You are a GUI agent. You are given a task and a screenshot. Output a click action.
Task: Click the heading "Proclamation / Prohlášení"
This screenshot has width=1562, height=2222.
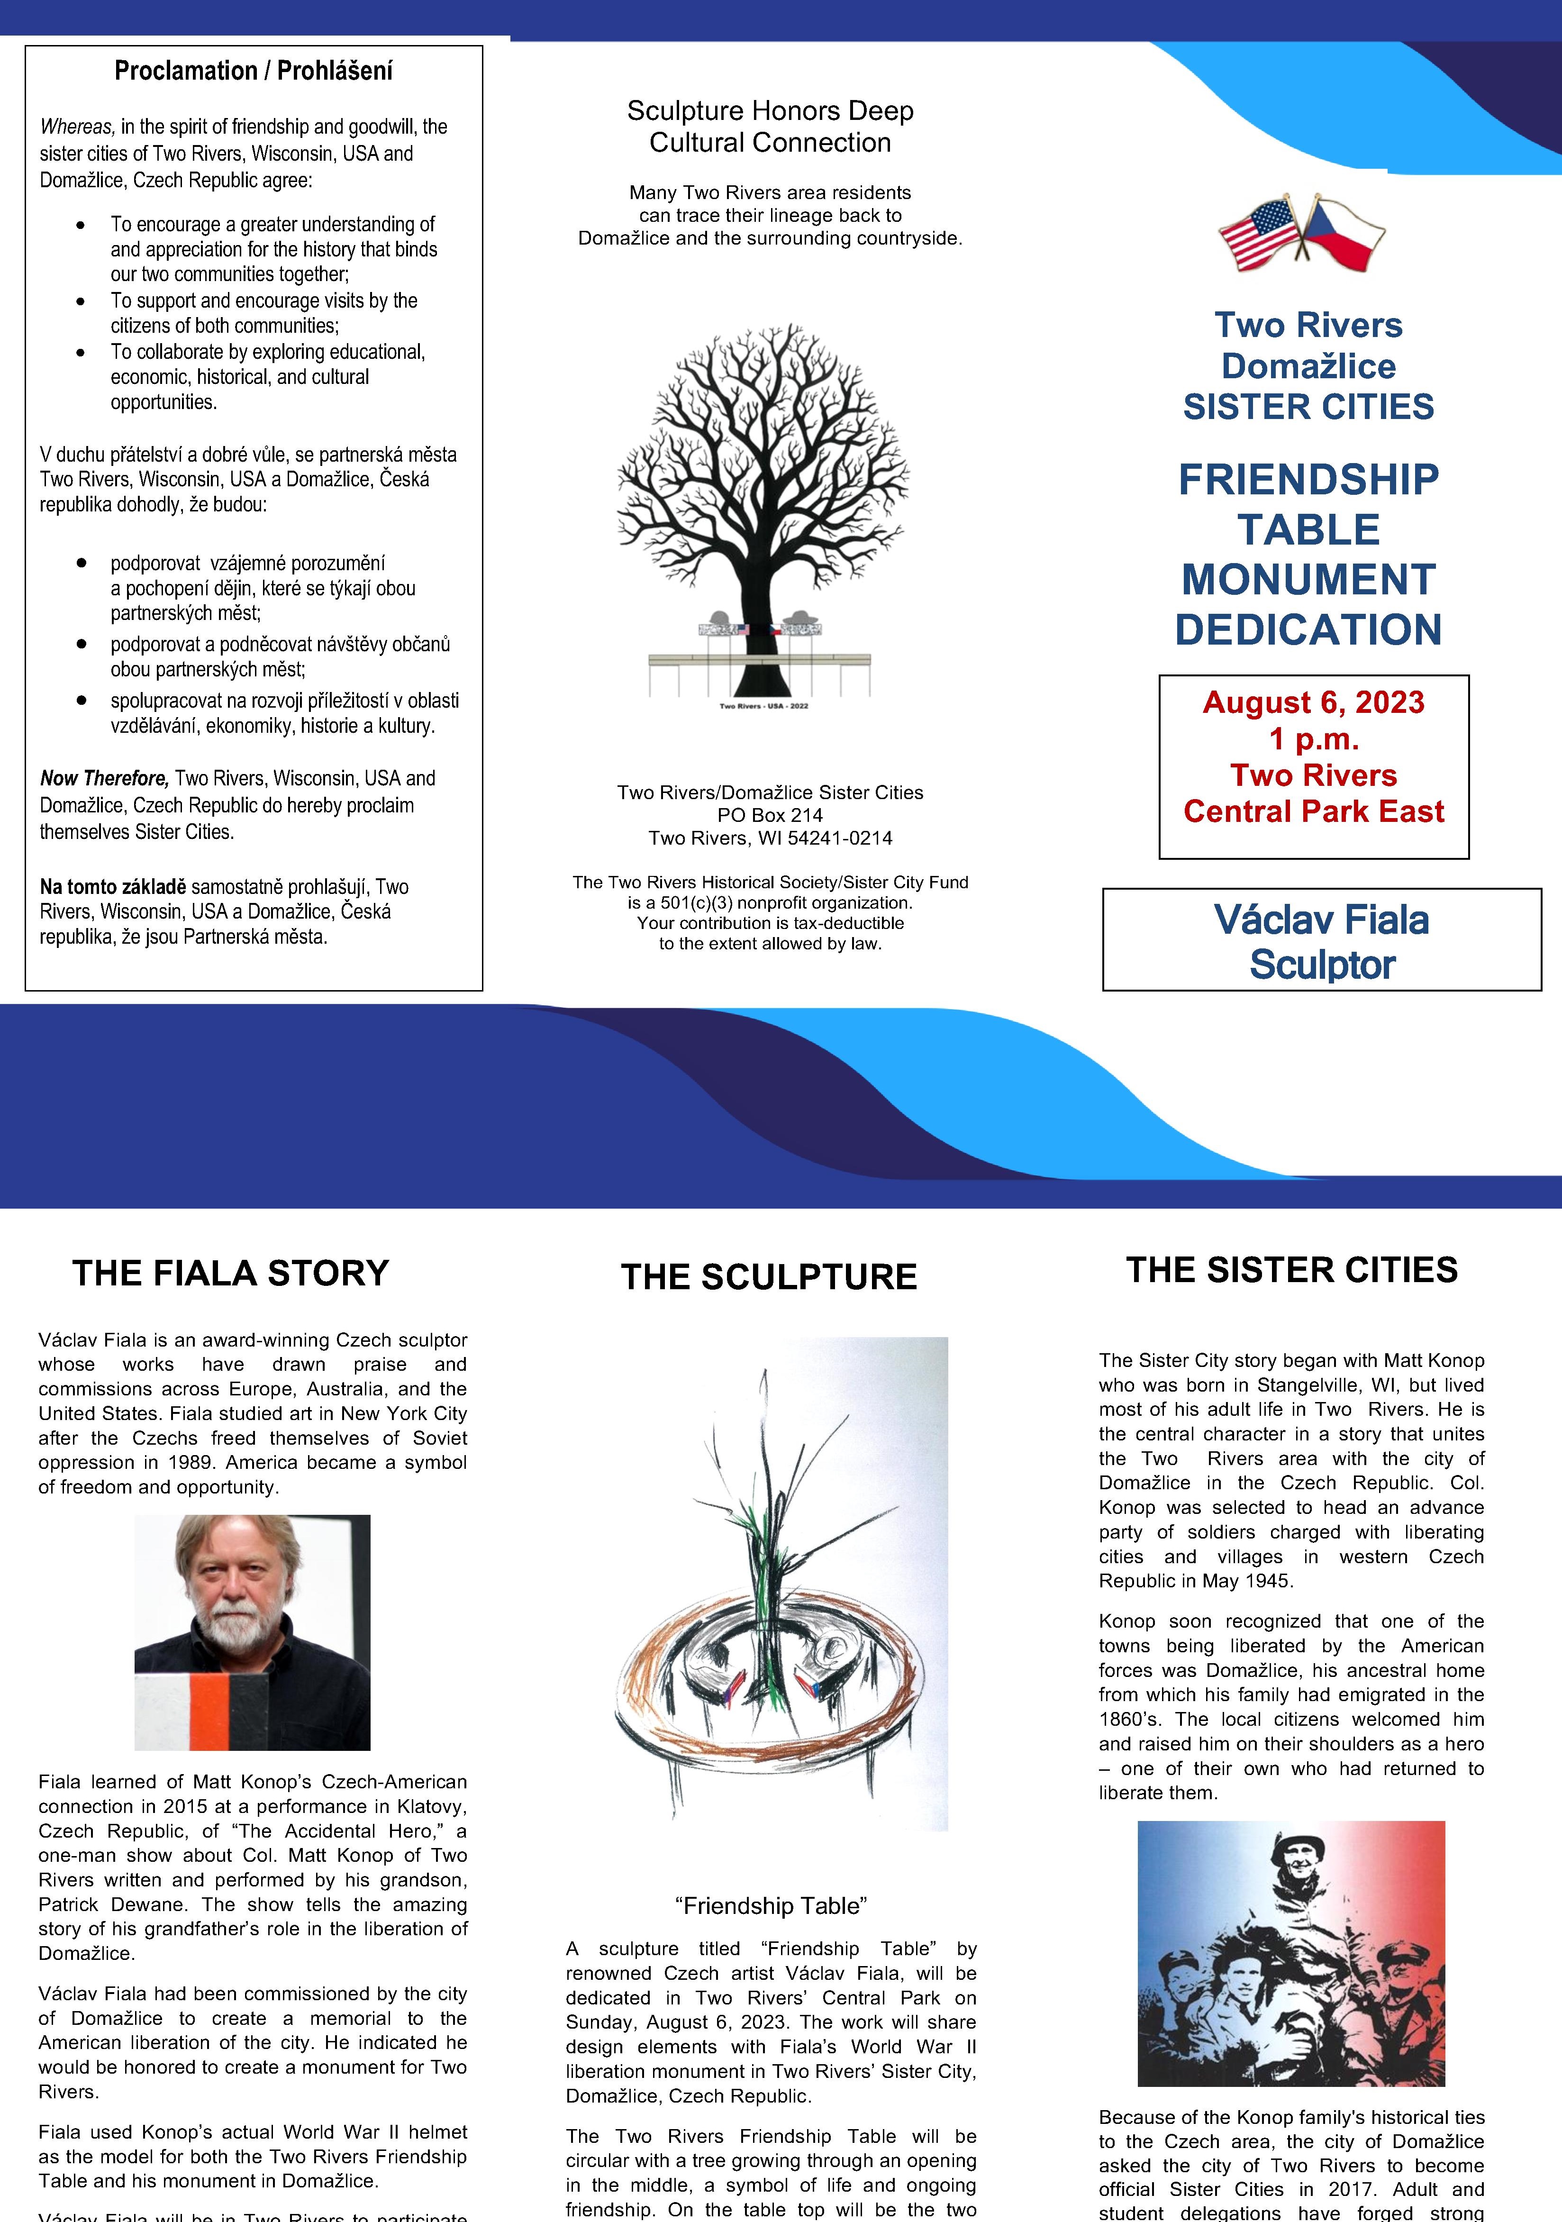(254, 71)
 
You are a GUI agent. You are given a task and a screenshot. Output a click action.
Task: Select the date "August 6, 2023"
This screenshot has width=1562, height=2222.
(1313, 702)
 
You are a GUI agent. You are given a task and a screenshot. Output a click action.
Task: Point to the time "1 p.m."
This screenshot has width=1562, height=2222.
(1313, 739)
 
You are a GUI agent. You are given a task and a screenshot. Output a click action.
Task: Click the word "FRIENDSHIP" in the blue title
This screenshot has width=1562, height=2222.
(1308, 480)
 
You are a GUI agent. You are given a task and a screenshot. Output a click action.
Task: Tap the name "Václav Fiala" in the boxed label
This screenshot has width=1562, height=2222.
(1321, 920)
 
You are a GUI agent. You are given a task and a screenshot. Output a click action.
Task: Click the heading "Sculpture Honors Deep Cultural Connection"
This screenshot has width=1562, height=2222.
(771, 127)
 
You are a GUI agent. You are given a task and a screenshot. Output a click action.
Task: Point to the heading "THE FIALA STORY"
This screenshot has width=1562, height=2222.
(230, 1273)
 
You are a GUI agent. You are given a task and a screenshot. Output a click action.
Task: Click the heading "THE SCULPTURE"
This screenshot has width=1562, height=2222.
(768, 1276)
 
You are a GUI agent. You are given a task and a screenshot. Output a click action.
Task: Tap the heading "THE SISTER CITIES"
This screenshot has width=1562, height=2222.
(1292, 1270)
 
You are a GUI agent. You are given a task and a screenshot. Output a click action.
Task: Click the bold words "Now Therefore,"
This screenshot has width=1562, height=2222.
(105, 778)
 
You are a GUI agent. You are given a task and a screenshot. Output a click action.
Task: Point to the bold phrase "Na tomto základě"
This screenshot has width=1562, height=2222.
(112, 886)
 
